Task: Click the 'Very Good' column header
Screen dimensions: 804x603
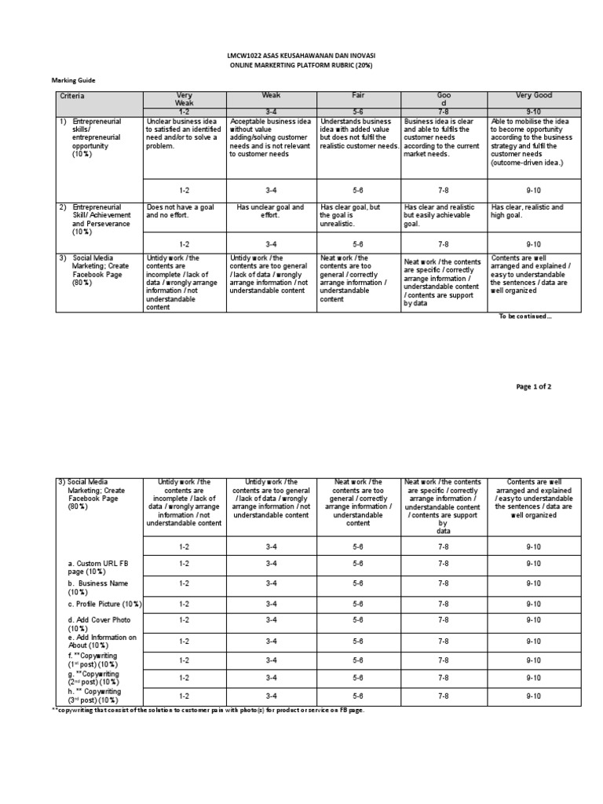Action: (533, 95)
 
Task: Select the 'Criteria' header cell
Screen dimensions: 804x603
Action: (71, 95)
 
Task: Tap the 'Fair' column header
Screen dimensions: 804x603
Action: (358, 95)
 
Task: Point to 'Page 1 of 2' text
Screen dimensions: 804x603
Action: (539, 386)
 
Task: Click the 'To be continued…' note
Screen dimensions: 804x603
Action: (525, 316)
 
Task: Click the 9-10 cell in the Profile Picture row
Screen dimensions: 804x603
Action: (533, 604)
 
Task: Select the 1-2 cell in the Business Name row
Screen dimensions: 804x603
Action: (184, 583)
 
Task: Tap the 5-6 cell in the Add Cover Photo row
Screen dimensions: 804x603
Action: (358, 620)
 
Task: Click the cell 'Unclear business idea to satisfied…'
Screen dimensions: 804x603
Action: (185, 133)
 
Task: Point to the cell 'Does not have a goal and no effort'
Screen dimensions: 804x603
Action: (185, 211)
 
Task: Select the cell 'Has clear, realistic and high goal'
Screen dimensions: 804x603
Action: (533, 211)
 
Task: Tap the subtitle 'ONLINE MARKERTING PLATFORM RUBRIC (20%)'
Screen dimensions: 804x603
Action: (301, 67)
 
